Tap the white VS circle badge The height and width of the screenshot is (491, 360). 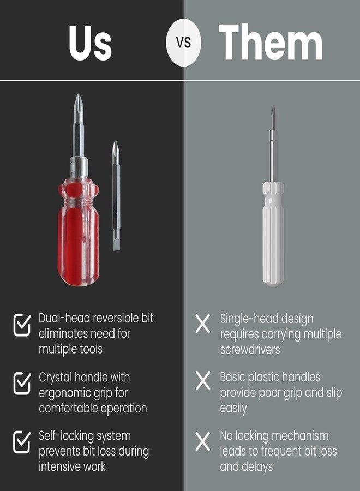coord(183,43)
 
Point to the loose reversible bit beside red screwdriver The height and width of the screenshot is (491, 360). coord(116,196)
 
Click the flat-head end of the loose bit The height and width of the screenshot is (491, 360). coord(116,243)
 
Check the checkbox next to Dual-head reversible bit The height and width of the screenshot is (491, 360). coord(22,325)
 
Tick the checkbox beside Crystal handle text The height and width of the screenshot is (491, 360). coord(22,384)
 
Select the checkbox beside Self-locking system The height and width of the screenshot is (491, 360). coord(22,442)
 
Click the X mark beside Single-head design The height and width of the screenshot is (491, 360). coord(203,325)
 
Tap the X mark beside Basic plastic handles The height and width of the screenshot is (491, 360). coord(203,381)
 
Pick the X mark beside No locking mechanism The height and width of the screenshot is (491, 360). coord(203,441)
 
